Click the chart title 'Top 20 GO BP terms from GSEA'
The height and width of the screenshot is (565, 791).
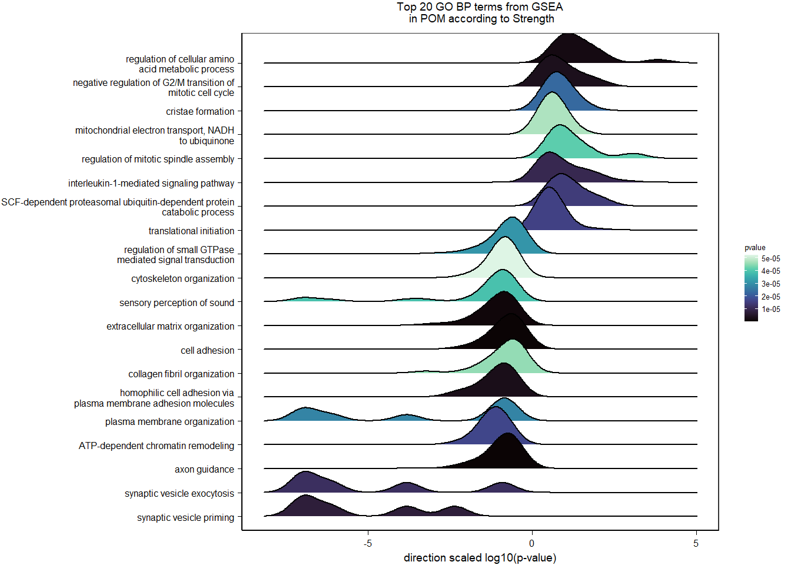click(x=480, y=7)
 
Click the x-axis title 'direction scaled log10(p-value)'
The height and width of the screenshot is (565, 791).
click(x=480, y=557)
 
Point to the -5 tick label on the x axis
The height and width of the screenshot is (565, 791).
click(x=368, y=543)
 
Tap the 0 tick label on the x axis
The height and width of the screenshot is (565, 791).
click(x=531, y=543)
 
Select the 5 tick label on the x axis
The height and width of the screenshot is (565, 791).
click(x=696, y=543)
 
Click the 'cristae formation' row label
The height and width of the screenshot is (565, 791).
click(x=200, y=111)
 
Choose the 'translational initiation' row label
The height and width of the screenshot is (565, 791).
click(x=191, y=231)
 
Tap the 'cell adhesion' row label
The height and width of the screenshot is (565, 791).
click(x=207, y=350)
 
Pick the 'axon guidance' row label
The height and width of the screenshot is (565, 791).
click(x=204, y=469)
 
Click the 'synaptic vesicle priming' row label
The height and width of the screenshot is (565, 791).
click(x=185, y=517)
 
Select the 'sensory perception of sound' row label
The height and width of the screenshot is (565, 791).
click(x=177, y=303)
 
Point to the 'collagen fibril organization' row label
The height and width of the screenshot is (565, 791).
click(x=181, y=374)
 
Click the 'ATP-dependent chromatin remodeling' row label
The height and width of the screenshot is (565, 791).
click(x=157, y=446)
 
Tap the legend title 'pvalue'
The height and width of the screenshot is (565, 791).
click(x=755, y=248)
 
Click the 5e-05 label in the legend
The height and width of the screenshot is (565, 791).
click(x=770, y=259)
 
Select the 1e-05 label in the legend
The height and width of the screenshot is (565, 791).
click(x=770, y=309)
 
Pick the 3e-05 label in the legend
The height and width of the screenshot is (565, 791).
click(x=770, y=284)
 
